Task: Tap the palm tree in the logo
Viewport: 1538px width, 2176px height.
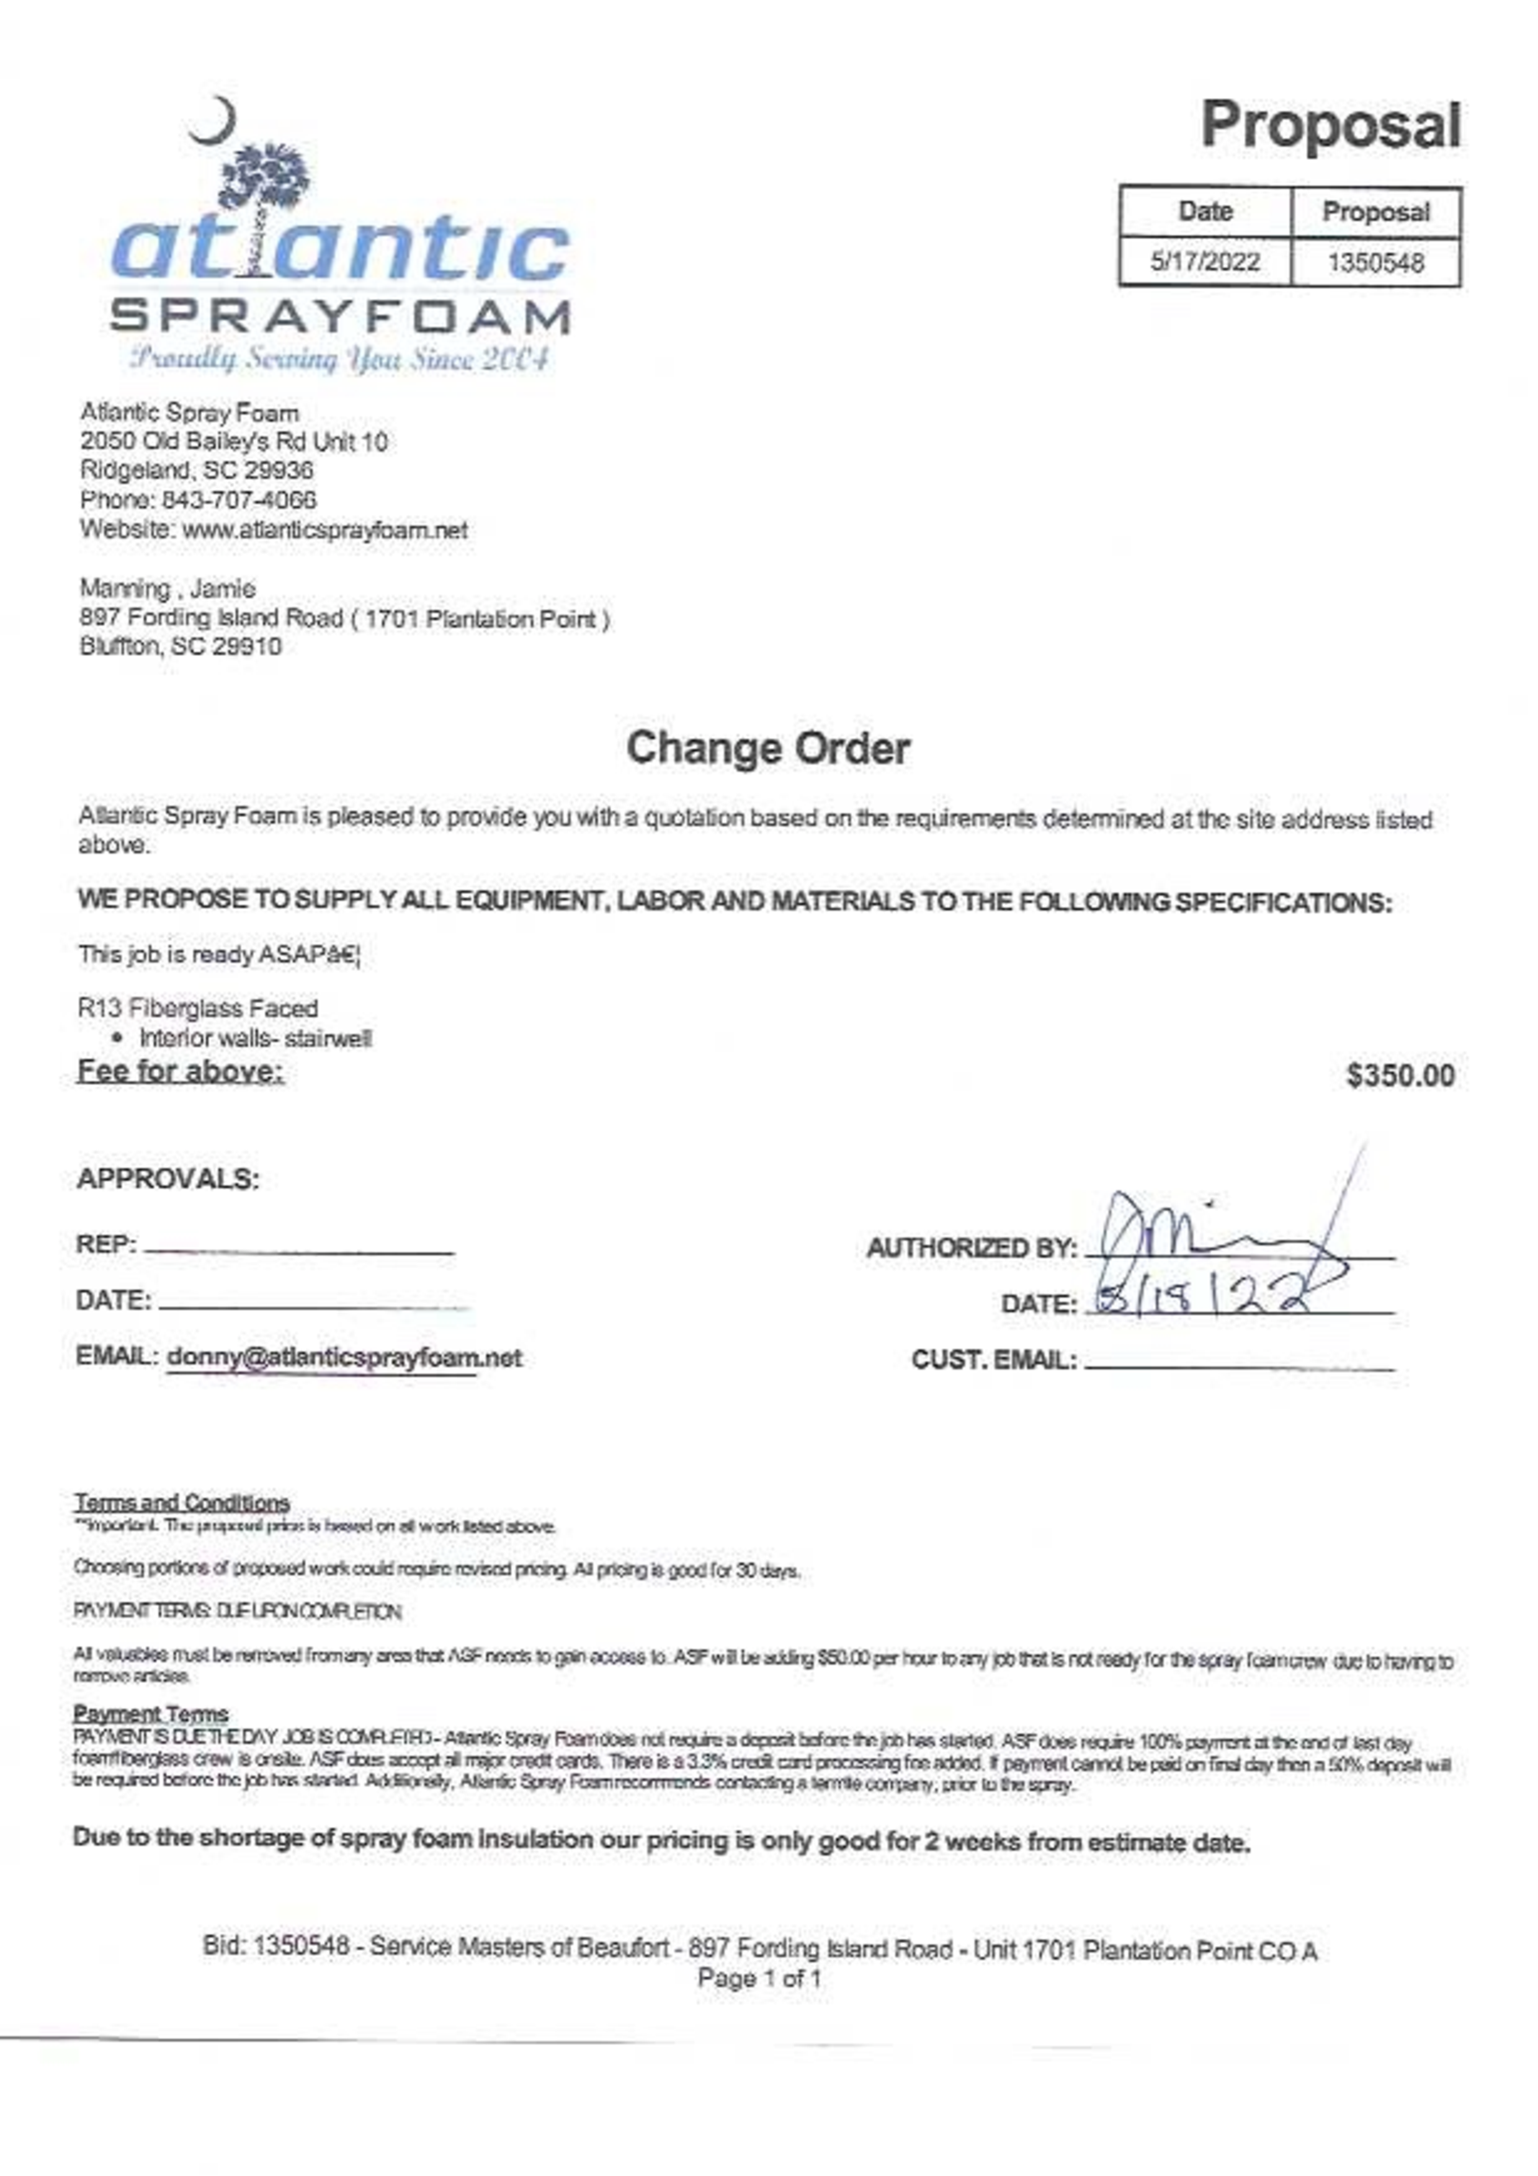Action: pos(266,190)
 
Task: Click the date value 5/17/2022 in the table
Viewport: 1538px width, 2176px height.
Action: pos(1204,262)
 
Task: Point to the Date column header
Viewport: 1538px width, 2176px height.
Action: pos(1204,212)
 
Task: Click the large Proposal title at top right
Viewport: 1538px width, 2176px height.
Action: pos(1330,126)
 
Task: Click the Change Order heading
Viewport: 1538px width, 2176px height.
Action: pos(767,749)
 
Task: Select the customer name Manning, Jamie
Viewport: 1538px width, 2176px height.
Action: pos(167,589)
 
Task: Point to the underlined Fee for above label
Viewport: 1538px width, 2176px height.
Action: pos(180,1072)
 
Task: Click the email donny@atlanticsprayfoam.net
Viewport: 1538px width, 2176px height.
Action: pos(344,1357)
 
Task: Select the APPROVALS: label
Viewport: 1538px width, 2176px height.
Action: pos(168,1179)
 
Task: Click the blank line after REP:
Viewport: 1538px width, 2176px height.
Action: pos(298,1249)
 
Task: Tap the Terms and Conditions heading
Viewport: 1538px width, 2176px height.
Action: pos(182,1503)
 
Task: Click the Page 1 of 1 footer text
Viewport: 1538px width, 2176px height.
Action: pos(759,1978)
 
